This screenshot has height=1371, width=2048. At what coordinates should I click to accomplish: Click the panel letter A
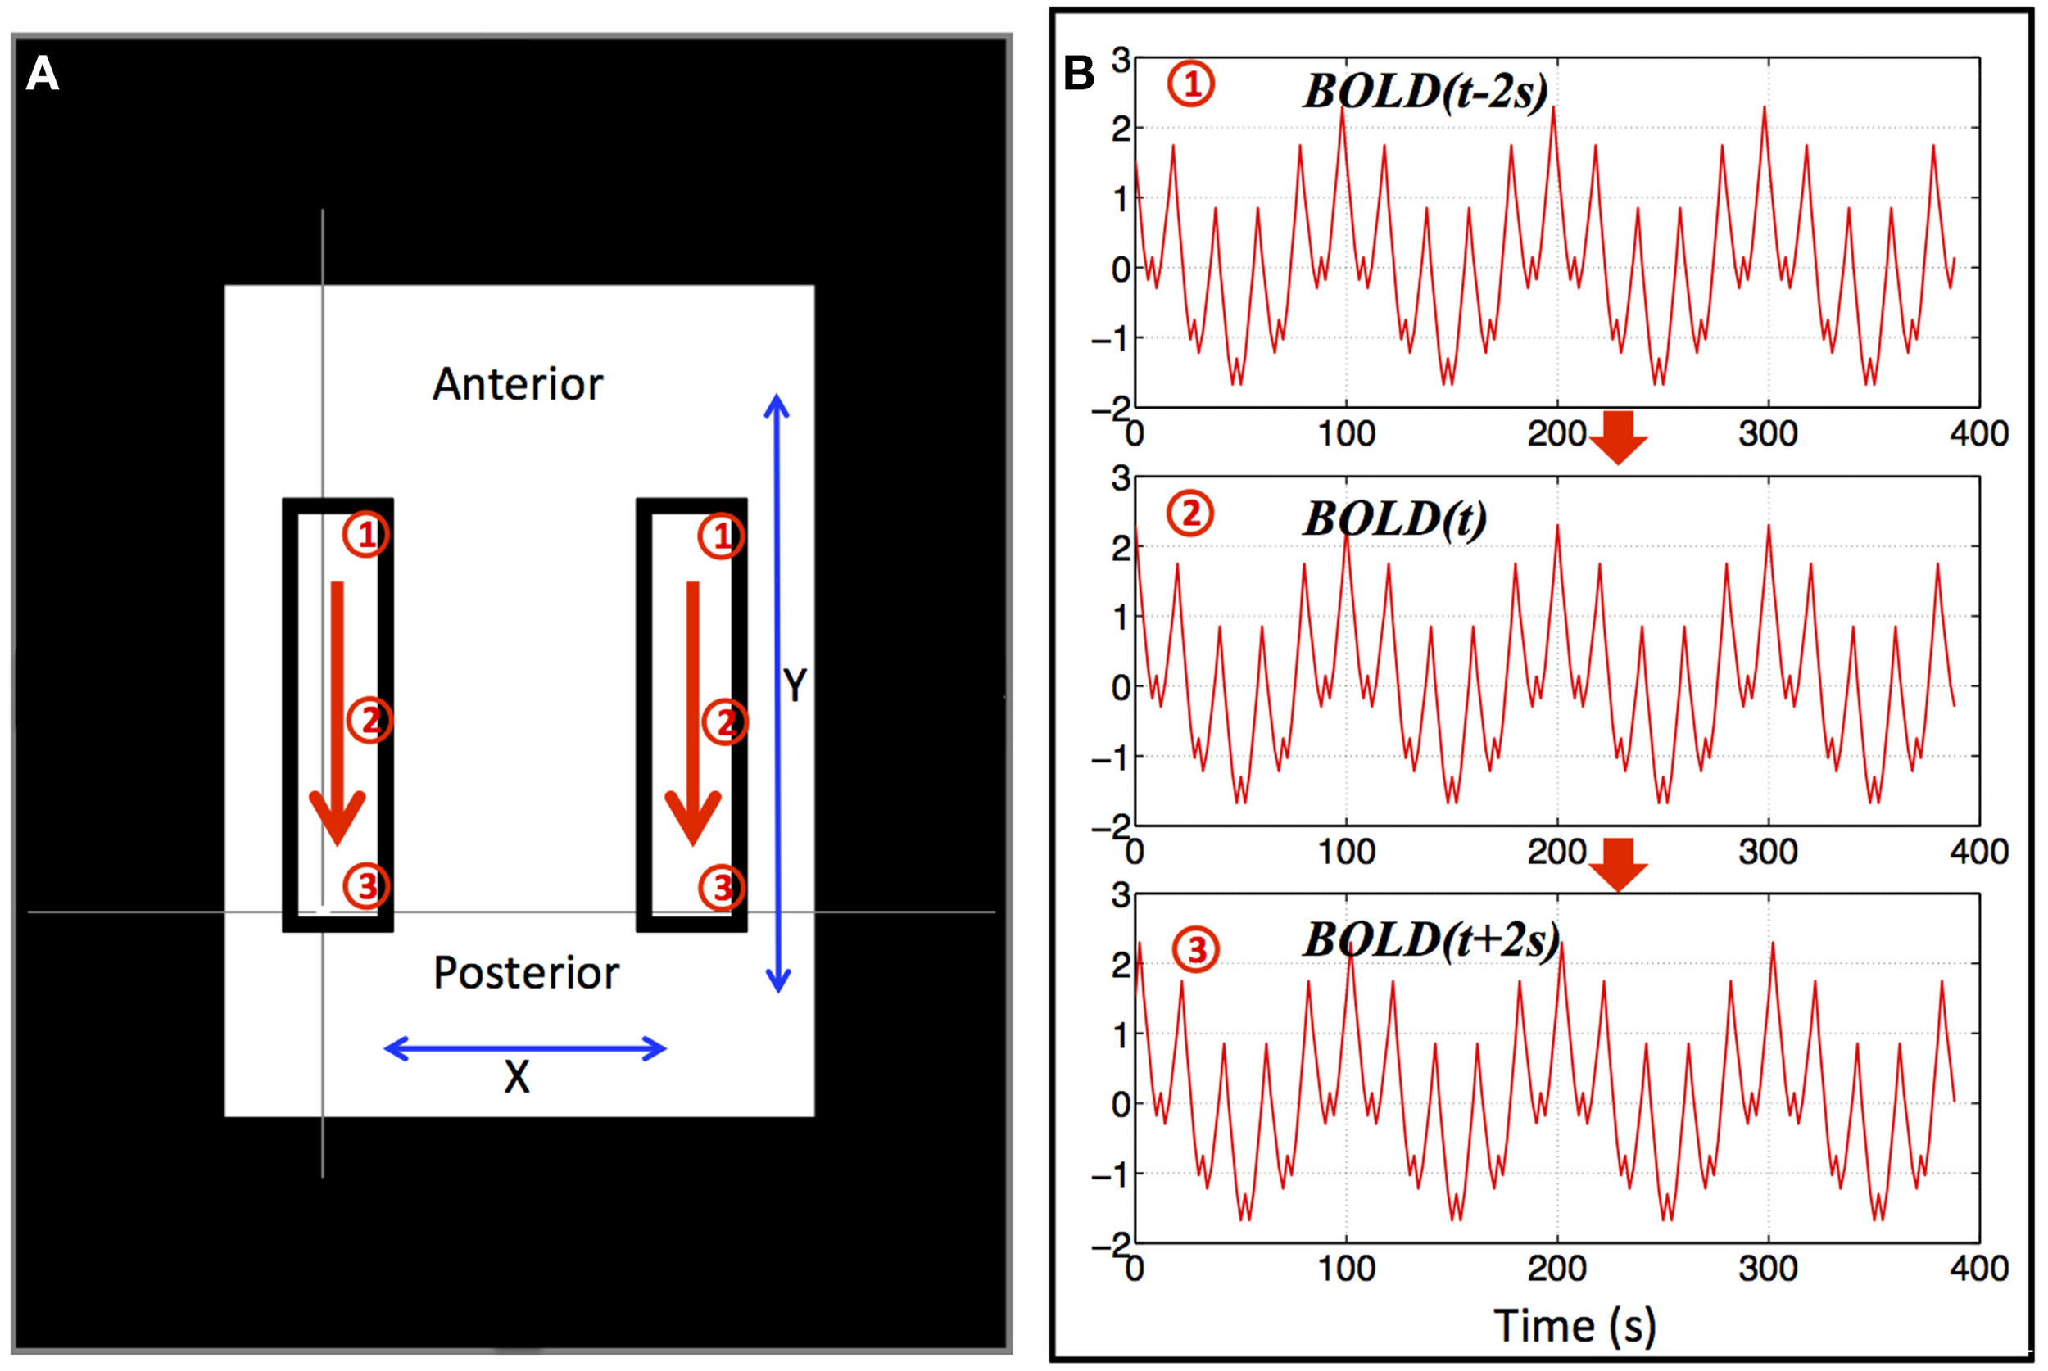tap(42, 75)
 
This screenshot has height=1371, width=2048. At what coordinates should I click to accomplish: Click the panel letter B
tap(1078, 74)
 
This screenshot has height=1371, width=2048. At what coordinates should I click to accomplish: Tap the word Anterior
tap(518, 385)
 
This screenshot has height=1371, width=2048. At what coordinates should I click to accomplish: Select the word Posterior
tap(526, 973)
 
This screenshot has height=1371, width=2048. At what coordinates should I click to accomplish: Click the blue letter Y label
tap(794, 685)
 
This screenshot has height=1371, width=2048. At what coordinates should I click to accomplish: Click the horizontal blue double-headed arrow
tap(524, 1048)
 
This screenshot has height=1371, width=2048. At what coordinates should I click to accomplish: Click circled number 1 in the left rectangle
tap(365, 534)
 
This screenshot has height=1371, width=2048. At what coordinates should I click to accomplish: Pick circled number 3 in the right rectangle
tap(722, 888)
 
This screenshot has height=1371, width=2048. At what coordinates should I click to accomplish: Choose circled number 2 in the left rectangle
tap(370, 721)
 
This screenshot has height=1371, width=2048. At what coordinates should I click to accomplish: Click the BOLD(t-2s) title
tap(1425, 91)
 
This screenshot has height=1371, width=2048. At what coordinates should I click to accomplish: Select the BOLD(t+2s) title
tap(1431, 941)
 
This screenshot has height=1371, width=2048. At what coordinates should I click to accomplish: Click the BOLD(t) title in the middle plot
tap(1395, 519)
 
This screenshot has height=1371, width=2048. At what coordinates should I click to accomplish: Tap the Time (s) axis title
tap(1574, 1325)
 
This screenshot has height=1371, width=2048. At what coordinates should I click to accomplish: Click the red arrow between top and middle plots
tap(1618, 437)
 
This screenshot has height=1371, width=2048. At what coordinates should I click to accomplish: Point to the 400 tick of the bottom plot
tap(1979, 1268)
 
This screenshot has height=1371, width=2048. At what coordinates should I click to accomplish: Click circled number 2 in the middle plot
tap(1190, 514)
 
